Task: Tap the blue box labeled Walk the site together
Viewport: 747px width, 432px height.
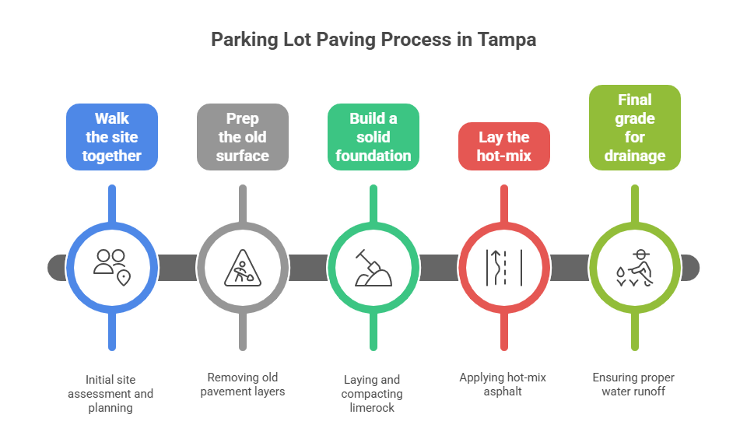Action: (113, 137)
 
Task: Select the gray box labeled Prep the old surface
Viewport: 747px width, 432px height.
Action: (243, 137)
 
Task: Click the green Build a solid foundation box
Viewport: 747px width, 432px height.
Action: (373, 137)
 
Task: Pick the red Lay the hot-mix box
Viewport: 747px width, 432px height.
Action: (504, 146)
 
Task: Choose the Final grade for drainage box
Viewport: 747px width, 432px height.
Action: (635, 128)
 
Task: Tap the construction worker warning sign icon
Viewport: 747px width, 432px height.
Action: (243, 267)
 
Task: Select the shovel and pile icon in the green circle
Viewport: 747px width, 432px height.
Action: (373, 267)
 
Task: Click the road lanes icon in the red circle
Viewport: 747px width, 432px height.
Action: (504, 267)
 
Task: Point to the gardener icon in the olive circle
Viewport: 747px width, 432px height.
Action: (635, 267)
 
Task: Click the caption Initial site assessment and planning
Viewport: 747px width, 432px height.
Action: (110, 393)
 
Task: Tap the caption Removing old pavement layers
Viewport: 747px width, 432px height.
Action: (243, 384)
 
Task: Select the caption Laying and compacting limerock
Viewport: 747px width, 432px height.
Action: (373, 394)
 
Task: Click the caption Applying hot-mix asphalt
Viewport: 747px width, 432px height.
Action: (503, 384)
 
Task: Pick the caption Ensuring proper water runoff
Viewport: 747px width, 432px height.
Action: (633, 384)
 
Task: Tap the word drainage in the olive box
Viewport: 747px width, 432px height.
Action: (635, 156)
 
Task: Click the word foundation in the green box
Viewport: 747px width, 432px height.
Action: (373, 156)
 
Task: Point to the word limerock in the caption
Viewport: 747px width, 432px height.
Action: (373, 408)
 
